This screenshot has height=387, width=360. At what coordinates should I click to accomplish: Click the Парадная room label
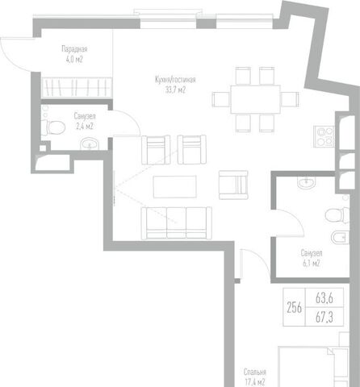coord(74,49)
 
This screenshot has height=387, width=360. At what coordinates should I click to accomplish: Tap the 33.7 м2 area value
coord(175,89)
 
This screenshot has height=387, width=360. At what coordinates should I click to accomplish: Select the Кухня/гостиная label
coord(175,80)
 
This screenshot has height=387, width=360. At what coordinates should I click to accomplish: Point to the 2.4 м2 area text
coord(85,126)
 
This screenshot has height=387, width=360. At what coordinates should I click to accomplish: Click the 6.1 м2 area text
coord(312,263)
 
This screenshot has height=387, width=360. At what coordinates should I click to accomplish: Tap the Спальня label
coord(255,372)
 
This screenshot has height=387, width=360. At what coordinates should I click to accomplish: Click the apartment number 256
coord(294,307)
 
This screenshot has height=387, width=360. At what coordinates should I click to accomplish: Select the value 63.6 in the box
coord(324,298)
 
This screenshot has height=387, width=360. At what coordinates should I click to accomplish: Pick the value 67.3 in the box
coord(324,317)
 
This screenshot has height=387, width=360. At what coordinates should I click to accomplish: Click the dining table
coord(255,99)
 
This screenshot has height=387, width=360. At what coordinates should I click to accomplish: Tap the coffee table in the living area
coord(174,186)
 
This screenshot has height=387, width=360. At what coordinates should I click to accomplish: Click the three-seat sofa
coord(177,223)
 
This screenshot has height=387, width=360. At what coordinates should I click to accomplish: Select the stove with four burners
coord(324,136)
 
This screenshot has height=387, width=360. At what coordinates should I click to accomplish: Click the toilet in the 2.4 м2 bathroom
coord(53,127)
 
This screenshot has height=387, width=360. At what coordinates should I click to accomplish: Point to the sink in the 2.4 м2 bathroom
coord(90,144)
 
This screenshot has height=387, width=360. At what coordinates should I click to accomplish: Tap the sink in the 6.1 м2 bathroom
coord(307,183)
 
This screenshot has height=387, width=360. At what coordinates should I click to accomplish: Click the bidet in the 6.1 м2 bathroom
coord(340,237)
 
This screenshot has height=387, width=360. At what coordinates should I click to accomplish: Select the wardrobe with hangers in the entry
coord(77,87)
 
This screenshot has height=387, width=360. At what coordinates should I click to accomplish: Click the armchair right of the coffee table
coord(233,185)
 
